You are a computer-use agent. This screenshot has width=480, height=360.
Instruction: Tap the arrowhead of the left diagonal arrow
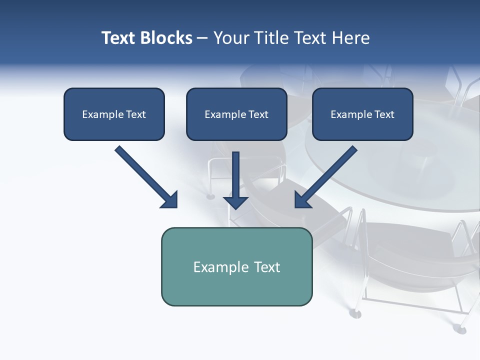coord(170,200)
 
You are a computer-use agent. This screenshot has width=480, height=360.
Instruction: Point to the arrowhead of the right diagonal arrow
coord(302,200)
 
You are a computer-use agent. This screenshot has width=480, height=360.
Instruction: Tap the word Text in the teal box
coord(267,267)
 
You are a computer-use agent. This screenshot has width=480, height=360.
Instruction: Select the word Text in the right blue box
coord(384,114)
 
